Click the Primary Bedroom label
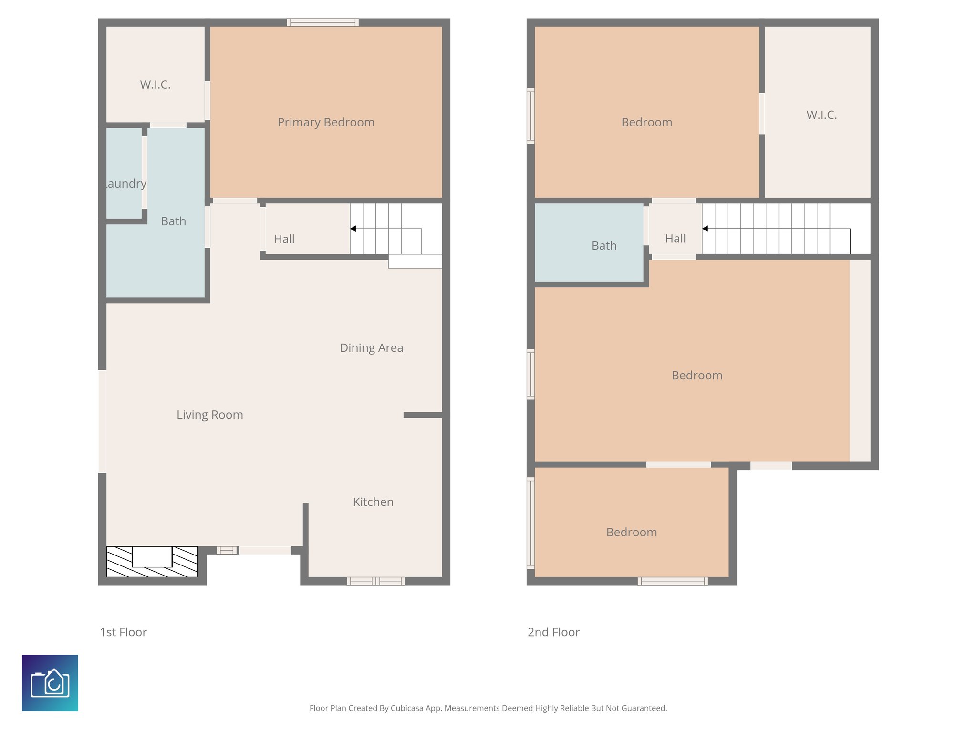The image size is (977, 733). coord(326,122)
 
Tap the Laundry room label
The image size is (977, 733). coord(125,184)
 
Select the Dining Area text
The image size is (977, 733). coord(371,348)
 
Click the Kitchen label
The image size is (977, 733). coord(373,502)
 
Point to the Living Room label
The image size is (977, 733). coord(209,415)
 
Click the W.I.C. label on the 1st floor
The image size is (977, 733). coord(155,85)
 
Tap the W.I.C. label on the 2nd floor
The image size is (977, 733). coord(821,115)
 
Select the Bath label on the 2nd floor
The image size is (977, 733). coord(604,246)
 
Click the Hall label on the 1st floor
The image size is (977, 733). coord(284,239)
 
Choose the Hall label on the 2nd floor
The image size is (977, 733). coord(675,239)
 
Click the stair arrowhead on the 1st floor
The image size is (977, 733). coord(353,229)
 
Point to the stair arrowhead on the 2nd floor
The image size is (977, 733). coord(705,229)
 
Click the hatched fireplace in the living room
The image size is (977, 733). coord(152,562)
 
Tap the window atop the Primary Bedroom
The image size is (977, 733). coord(322,22)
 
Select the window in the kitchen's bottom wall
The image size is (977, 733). coord(375,581)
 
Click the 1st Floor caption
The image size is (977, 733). coord(123,632)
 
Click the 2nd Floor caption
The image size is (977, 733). coord(553,632)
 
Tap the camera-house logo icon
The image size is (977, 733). coord(50,683)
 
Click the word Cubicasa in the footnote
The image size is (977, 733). coord(406,708)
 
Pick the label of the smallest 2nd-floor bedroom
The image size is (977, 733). coord(631,533)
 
